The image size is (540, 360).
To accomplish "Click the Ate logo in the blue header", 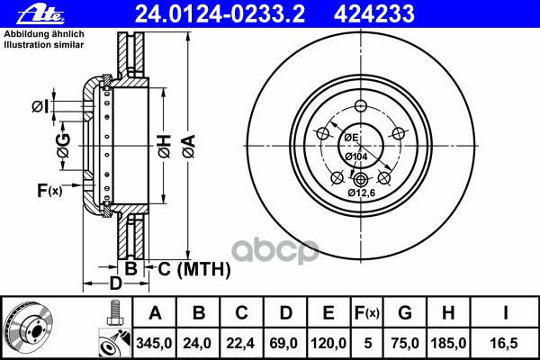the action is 40,14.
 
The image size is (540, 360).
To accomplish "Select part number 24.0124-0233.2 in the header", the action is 220,14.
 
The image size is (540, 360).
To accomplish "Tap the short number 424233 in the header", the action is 374,14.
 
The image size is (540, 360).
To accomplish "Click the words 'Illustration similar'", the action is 44,44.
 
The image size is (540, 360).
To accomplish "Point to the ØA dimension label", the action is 189,147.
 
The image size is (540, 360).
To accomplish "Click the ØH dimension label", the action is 165,147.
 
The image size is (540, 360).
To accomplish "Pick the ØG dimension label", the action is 63,146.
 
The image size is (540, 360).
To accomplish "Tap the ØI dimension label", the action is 40,107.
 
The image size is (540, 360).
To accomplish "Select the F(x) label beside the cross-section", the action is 49,190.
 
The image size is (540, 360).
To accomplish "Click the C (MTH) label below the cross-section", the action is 193,269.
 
